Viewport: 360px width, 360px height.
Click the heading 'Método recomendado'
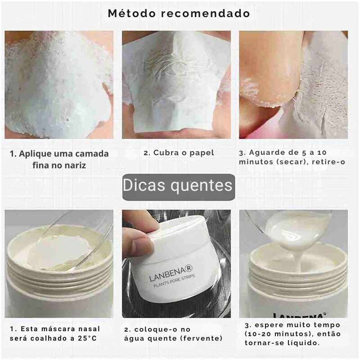tap(179, 13)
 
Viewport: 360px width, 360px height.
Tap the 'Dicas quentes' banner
tap(178, 186)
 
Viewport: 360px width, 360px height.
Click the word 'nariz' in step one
tap(75, 165)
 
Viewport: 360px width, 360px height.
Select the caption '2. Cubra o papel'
tap(179, 153)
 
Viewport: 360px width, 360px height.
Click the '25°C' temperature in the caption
tap(88, 338)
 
